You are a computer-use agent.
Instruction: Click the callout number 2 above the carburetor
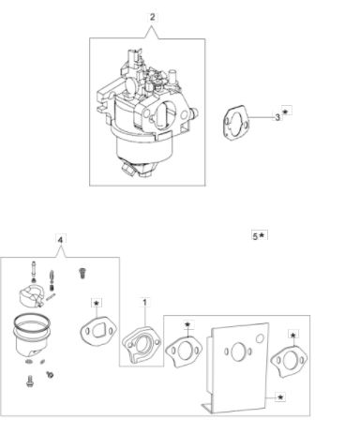pyautogui.click(x=152, y=17)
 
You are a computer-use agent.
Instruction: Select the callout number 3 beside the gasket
pyautogui.click(x=277, y=117)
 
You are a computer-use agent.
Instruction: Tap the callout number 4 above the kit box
pyautogui.click(x=61, y=240)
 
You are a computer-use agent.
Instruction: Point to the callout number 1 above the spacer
pyautogui.click(x=144, y=303)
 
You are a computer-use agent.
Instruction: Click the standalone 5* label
pyautogui.click(x=260, y=236)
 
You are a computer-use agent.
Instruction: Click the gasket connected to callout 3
pyautogui.click(x=236, y=123)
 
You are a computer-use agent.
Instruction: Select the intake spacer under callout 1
pyautogui.click(x=141, y=345)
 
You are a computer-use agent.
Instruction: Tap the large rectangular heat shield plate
pyautogui.click(x=237, y=367)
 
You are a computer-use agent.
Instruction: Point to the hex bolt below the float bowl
pyautogui.click(x=30, y=381)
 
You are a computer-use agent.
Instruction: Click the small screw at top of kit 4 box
pyautogui.click(x=82, y=273)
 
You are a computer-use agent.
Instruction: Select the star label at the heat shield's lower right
pyautogui.click(x=280, y=397)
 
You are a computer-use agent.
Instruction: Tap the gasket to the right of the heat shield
pyautogui.click(x=289, y=362)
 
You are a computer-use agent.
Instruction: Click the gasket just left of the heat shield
pyautogui.click(x=184, y=352)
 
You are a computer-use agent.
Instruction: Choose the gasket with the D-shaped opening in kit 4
pyautogui.click(x=98, y=332)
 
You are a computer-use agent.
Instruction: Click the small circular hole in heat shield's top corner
pyautogui.click(x=260, y=338)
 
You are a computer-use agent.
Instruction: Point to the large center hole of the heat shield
pyautogui.click(x=238, y=352)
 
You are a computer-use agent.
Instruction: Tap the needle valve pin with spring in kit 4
pyautogui.click(x=52, y=280)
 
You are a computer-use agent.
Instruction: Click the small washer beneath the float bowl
pyautogui.click(x=29, y=362)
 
